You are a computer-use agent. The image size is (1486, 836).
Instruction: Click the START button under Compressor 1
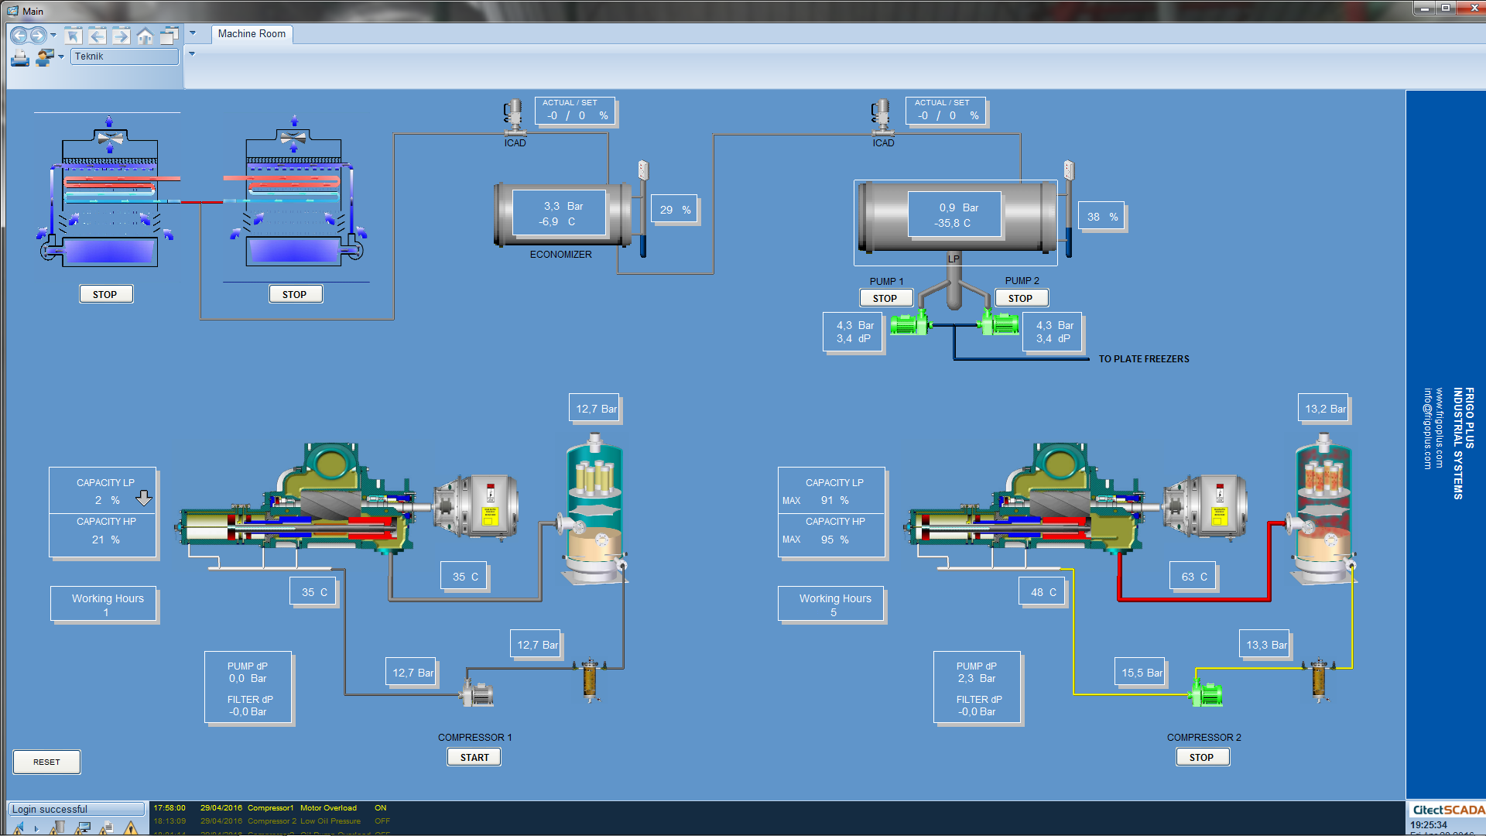point(474,757)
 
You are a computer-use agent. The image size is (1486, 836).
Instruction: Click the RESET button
point(46,762)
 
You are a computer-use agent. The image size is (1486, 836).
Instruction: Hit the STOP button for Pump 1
point(885,298)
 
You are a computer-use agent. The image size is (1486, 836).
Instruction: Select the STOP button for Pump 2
point(1021,298)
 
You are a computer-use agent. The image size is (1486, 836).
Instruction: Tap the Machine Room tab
point(252,34)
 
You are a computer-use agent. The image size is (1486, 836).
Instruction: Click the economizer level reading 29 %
point(675,210)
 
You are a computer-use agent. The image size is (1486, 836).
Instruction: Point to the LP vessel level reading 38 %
point(1102,217)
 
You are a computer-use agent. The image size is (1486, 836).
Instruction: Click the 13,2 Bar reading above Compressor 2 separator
point(1324,409)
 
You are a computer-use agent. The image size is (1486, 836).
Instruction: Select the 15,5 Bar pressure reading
point(1142,673)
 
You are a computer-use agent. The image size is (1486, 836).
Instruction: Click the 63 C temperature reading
point(1193,577)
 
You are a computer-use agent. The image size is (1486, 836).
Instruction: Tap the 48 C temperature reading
point(1043,592)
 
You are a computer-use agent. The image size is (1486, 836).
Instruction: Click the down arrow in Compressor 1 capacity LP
point(144,499)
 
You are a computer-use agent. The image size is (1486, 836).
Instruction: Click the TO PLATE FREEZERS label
point(1144,359)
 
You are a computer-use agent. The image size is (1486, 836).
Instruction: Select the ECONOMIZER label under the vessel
point(560,255)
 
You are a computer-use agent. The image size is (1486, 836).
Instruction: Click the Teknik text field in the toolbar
point(124,57)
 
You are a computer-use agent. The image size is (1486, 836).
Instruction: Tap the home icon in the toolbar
point(145,36)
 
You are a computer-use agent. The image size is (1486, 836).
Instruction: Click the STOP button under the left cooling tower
point(105,294)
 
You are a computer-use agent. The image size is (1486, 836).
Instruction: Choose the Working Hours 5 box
point(833,605)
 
